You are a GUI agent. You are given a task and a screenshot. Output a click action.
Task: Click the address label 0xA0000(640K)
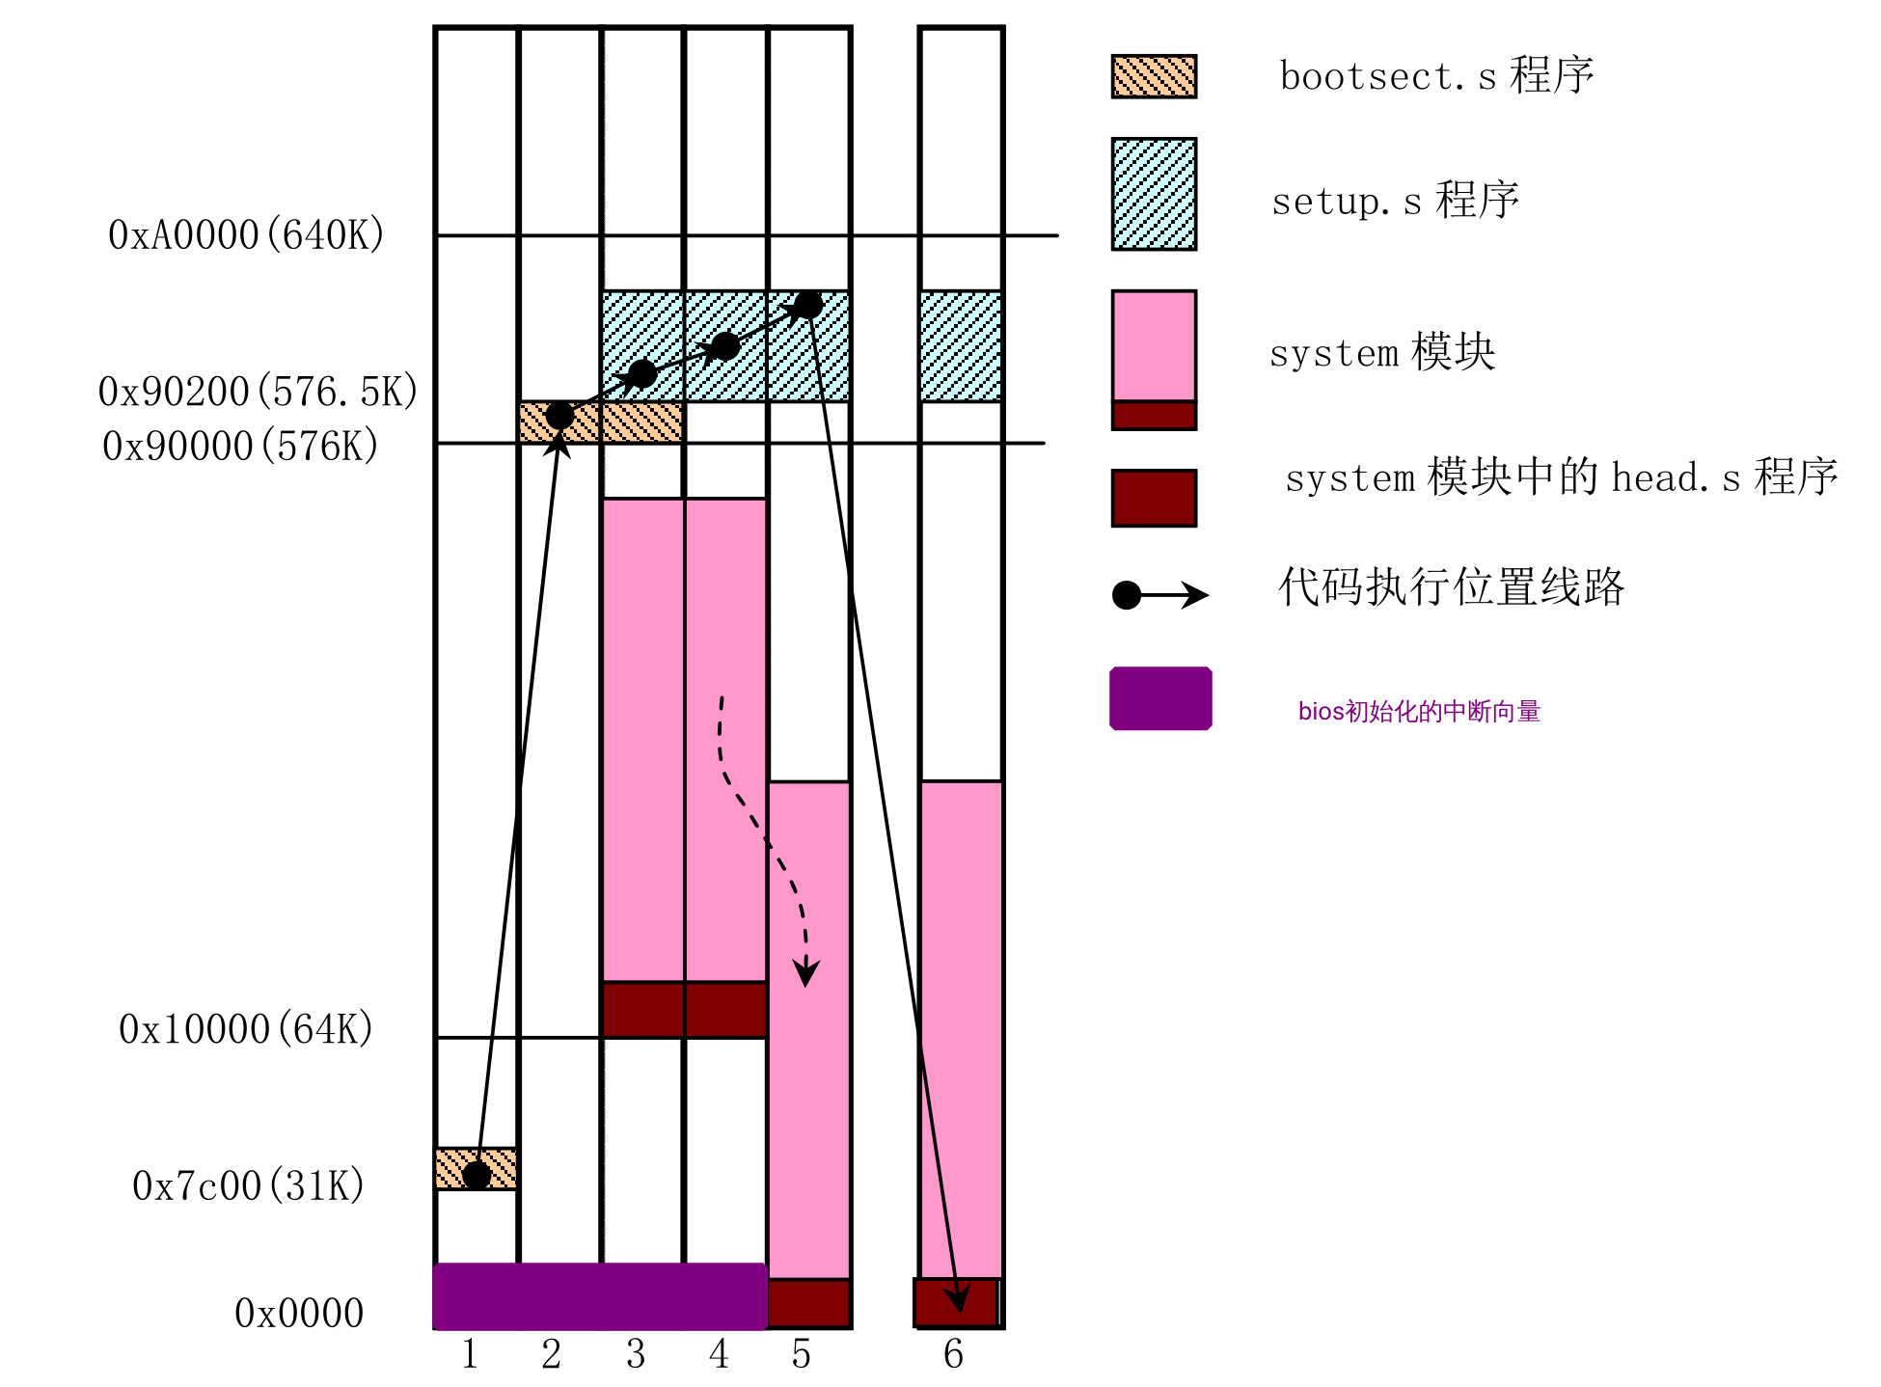(246, 235)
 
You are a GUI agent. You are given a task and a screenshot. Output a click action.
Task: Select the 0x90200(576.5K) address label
(258, 392)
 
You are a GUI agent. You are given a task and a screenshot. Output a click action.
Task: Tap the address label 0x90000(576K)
(240, 447)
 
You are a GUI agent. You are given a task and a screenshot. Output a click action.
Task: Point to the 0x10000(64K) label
(246, 1030)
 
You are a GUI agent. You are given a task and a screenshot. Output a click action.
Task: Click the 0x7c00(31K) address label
(248, 1186)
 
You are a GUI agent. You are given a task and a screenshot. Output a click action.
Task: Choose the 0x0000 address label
(299, 1314)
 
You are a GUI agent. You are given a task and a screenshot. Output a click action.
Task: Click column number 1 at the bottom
(470, 1355)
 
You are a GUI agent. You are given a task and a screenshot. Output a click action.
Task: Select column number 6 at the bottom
(953, 1355)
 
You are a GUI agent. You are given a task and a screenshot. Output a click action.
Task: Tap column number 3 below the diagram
(636, 1355)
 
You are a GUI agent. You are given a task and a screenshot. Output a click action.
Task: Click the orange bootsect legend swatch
(1154, 76)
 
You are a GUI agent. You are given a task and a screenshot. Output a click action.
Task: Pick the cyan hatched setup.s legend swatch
(1154, 194)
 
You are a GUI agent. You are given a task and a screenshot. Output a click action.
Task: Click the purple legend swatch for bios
(1160, 698)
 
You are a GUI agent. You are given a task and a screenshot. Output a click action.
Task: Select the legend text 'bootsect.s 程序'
(1436, 75)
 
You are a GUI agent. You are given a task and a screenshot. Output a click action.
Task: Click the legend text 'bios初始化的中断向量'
(1419, 712)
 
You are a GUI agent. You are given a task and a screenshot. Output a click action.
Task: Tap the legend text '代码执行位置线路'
(1452, 586)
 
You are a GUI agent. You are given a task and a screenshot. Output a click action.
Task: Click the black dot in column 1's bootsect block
(477, 1175)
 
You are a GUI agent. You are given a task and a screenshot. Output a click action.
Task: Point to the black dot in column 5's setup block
(808, 305)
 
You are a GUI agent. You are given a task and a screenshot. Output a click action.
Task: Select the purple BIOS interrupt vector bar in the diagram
(600, 1295)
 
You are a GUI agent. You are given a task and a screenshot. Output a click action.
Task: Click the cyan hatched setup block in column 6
(961, 345)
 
